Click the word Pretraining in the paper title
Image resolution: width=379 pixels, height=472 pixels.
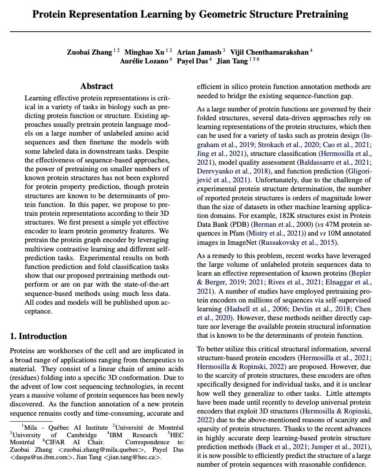click(x=317, y=14)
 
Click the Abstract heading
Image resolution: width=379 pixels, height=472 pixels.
click(x=97, y=86)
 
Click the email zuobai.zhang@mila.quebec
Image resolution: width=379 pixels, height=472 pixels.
click(x=92, y=450)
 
